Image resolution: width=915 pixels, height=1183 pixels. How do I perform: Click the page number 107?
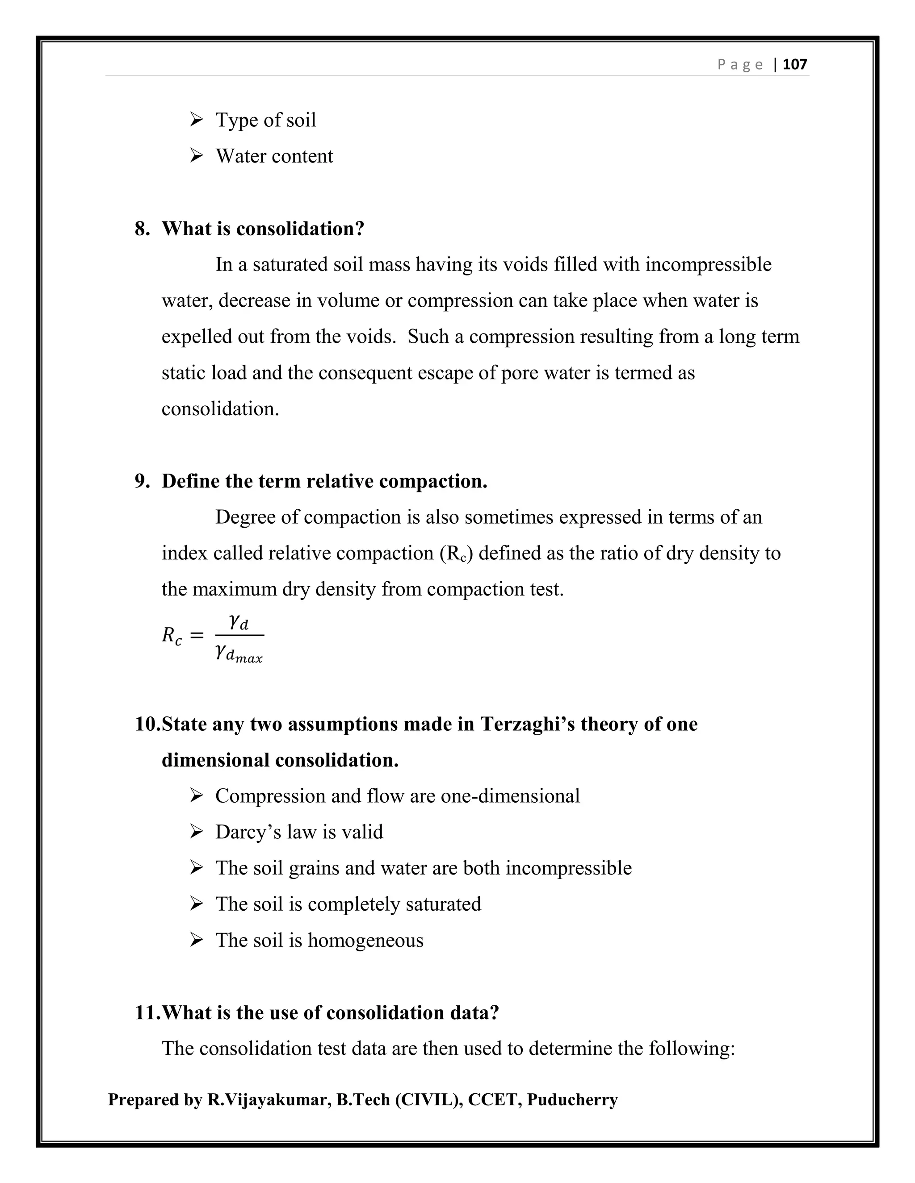(795, 64)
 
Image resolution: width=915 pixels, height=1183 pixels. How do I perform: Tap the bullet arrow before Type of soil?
(196, 119)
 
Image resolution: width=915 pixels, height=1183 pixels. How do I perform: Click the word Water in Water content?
(239, 156)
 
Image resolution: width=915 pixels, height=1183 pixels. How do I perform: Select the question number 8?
(142, 229)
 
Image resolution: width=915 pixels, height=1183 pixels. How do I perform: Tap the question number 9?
(142, 481)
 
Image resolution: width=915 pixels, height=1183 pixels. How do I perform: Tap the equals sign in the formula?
(197, 635)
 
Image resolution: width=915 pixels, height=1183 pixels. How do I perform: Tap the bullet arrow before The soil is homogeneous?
(196, 940)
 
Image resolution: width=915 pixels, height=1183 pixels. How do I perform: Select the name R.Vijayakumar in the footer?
(269, 1100)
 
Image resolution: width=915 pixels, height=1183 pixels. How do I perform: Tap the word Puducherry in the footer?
(572, 1100)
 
